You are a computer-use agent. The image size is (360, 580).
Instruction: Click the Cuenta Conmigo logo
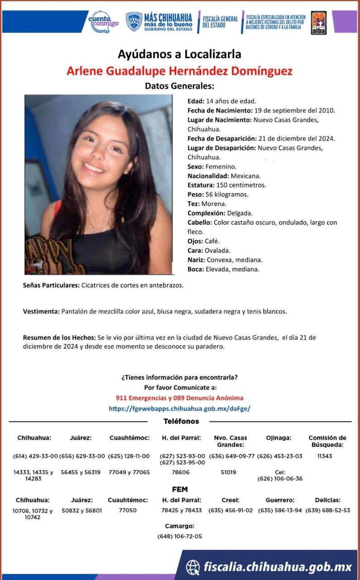104,21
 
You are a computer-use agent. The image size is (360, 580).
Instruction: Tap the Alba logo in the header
319,22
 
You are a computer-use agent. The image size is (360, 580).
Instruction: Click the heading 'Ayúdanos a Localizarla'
179,54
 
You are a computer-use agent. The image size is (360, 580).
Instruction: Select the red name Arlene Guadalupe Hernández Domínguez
179,71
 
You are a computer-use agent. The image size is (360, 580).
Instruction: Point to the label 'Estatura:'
201,185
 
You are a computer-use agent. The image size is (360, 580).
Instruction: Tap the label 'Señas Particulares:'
51,285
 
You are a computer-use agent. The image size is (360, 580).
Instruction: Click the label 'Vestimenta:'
41,311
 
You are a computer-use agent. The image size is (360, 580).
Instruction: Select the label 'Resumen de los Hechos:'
59,338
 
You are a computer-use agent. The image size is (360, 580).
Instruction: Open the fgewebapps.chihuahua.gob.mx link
179,408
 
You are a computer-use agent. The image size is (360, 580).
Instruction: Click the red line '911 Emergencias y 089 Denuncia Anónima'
179,398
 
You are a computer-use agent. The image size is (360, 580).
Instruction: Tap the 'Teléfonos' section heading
181,421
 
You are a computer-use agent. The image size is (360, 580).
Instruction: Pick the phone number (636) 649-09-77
232,456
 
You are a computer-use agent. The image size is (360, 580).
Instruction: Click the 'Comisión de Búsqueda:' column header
327,441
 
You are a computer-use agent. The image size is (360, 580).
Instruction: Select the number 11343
325,456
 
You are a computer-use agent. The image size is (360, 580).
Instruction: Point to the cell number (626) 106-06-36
280,478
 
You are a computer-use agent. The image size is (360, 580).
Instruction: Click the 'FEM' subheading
180,489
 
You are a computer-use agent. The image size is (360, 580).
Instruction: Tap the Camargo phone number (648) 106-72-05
180,536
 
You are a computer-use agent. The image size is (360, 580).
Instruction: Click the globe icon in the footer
193,567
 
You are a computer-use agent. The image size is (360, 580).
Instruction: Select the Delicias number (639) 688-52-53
327,510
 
